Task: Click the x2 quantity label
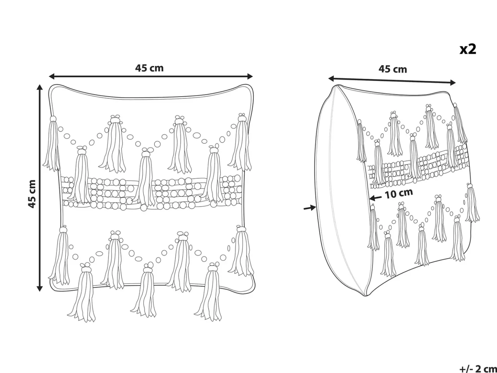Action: point(468,49)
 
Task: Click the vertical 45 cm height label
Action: point(32,194)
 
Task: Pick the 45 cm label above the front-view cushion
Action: point(149,68)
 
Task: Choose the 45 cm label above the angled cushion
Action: point(393,69)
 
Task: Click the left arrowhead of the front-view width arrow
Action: point(52,76)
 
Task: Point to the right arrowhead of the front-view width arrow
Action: point(250,76)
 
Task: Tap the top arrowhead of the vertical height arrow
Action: point(40,88)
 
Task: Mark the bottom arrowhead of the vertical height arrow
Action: point(40,288)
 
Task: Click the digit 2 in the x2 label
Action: point(472,49)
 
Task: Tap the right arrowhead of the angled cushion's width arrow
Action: point(452,83)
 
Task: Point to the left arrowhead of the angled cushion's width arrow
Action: point(332,78)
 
